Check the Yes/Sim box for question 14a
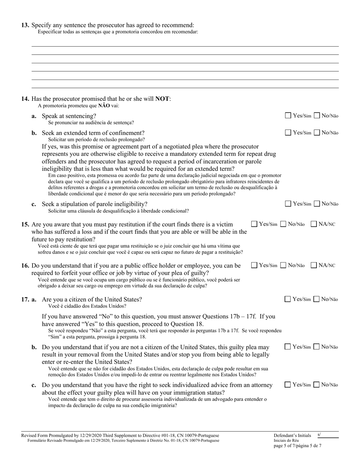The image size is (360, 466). point(288,116)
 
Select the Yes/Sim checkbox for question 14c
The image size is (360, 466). point(288,204)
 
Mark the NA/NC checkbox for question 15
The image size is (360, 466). point(314,224)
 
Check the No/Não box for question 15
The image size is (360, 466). point(283,224)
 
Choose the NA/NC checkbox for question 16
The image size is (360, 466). point(314,265)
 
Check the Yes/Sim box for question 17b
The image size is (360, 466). point(288,347)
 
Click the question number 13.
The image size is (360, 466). point(25,25)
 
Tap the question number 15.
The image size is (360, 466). point(25,224)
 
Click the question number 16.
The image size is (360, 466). point(25,266)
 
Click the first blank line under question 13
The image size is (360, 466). point(185,46)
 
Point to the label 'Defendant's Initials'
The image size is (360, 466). point(291,436)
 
